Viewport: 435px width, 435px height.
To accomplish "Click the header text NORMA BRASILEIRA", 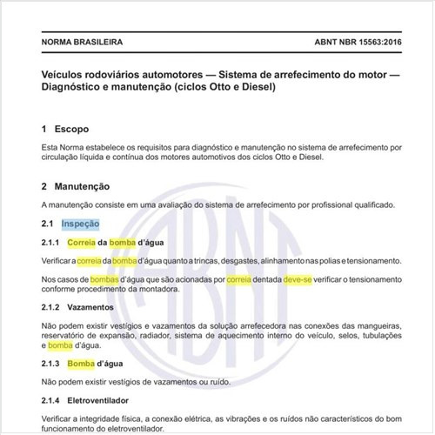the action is (82, 41).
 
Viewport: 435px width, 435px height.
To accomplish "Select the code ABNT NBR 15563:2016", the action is (351, 41).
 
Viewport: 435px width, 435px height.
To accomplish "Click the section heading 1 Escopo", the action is (64, 129).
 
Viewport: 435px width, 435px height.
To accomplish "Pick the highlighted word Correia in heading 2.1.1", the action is (81, 243).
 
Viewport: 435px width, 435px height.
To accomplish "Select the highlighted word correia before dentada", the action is (239, 280).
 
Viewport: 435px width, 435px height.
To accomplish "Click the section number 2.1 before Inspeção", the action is (48, 224).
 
